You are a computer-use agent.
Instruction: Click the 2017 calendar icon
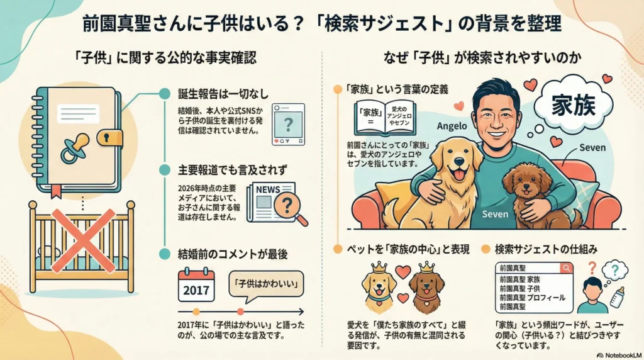(x=196, y=284)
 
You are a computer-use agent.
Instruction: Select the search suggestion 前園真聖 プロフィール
(x=531, y=297)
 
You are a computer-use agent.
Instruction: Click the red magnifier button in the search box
(x=566, y=268)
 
